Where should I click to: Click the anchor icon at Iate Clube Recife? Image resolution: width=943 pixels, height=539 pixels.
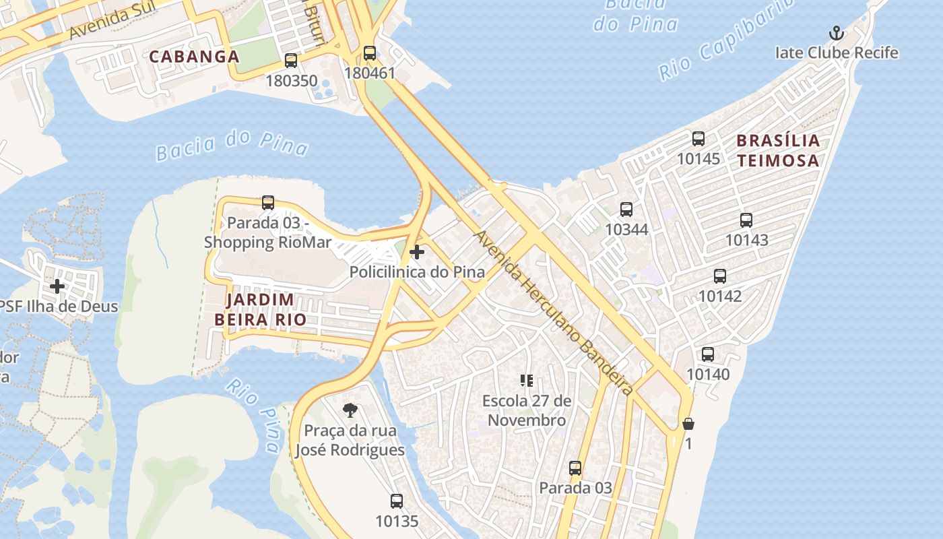[836, 33]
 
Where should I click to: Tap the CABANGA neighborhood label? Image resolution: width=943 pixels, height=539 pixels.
[194, 57]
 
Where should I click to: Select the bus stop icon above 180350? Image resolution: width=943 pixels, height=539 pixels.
[291, 61]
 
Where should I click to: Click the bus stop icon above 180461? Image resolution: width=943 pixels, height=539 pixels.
[369, 53]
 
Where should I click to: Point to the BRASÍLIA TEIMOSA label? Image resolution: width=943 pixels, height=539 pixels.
[778, 150]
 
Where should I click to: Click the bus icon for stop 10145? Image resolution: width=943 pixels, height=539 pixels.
[698, 139]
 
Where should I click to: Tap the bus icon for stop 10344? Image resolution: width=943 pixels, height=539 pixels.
[626, 210]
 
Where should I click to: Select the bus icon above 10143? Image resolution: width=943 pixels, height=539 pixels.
[746, 220]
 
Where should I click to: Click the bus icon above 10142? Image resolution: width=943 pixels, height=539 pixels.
[720, 276]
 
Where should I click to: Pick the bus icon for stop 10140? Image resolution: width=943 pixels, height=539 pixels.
[708, 354]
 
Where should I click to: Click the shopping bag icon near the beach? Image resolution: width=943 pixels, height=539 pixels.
[688, 424]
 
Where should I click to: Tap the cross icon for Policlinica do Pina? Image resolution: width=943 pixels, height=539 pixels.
[417, 253]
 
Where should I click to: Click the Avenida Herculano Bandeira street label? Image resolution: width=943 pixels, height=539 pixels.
[554, 313]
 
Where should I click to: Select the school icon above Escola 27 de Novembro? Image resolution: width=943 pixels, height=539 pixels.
[527, 381]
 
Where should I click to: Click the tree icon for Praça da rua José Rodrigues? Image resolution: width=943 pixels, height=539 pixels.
[350, 410]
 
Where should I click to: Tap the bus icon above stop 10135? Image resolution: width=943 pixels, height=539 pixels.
[397, 501]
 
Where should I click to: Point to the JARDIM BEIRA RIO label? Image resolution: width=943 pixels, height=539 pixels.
[260, 309]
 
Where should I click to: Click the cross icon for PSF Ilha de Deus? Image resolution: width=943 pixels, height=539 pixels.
[57, 286]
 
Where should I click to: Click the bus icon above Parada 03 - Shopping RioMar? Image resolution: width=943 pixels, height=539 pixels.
[268, 203]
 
